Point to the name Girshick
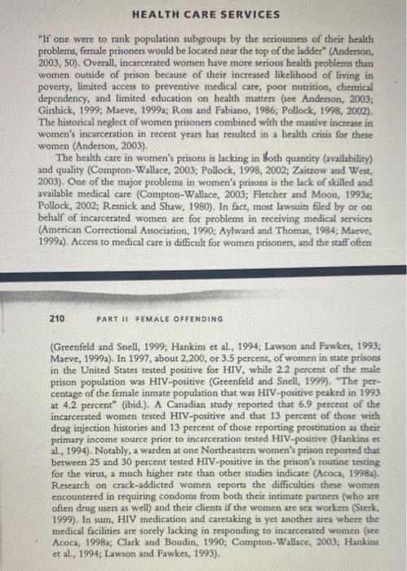click(58, 108)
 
